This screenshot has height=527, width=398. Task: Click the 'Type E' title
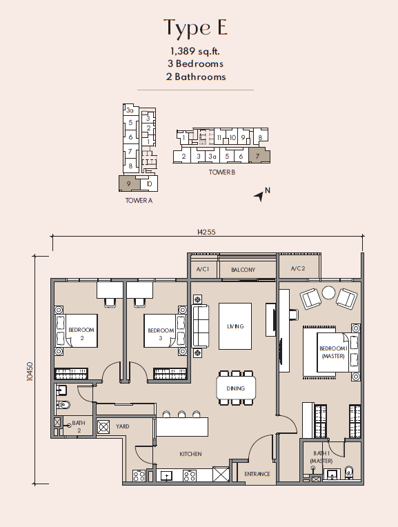[195, 28]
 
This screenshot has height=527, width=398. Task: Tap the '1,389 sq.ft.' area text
[195, 51]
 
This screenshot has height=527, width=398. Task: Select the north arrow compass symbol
[259, 196]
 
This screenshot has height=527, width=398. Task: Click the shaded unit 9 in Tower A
[130, 183]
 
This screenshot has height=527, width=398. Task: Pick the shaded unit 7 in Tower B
[259, 156]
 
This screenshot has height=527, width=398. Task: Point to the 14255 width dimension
[206, 232]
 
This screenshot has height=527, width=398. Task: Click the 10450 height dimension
[30, 371]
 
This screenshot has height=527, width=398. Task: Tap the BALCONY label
[243, 270]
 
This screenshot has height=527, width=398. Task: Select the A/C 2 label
[298, 268]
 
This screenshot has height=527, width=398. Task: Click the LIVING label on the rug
[235, 326]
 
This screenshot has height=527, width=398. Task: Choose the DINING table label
[236, 388]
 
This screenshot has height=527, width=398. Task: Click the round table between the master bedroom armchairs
[328, 292]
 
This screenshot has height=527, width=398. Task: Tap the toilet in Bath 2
[63, 405]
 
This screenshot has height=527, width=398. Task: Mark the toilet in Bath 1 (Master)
[349, 472]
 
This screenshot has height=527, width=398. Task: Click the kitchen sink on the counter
[166, 475]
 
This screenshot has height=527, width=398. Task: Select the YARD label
[122, 426]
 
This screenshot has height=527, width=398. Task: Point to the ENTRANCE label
[257, 474]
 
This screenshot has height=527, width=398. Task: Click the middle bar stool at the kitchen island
[181, 414]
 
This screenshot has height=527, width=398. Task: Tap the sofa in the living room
[200, 326]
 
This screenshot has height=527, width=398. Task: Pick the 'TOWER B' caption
[222, 172]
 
